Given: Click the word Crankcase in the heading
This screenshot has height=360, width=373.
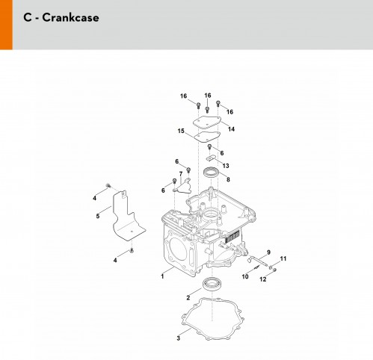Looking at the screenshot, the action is pyautogui.click(x=70, y=17).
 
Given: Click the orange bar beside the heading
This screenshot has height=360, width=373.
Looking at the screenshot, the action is pyautogui.click(x=6, y=25).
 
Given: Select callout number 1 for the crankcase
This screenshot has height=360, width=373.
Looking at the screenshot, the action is pyautogui.click(x=162, y=276).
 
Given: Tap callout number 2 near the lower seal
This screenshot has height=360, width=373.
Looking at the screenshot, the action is pyautogui.click(x=188, y=297).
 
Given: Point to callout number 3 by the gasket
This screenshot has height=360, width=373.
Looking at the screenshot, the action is pyautogui.click(x=178, y=338).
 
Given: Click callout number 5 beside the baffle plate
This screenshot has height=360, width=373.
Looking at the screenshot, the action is pyautogui.click(x=98, y=216).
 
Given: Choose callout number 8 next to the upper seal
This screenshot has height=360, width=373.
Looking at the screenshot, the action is pyautogui.click(x=228, y=179).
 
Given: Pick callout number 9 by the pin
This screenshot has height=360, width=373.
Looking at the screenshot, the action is pyautogui.click(x=268, y=252).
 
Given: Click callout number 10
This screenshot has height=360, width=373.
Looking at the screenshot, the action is pyautogui.click(x=245, y=276).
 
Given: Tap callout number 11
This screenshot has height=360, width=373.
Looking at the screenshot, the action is pyautogui.click(x=283, y=259).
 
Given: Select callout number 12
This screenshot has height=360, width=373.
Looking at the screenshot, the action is pyautogui.click(x=263, y=279).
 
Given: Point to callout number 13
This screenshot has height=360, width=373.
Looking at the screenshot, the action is pyautogui.click(x=226, y=166).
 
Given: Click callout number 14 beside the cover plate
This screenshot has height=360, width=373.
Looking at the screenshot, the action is pyautogui.click(x=231, y=129).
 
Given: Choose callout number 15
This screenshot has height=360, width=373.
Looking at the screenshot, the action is pyautogui.click(x=181, y=131).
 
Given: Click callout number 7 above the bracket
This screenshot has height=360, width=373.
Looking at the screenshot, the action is pyautogui.click(x=181, y=174).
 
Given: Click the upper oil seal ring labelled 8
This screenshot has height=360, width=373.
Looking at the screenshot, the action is pyautogui.click(x=212, y=173).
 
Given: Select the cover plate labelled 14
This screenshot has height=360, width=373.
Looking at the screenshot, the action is pyautogui.click(x=208, y=122).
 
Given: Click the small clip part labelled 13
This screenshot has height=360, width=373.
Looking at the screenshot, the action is pyautogui.click(x=211, y=158).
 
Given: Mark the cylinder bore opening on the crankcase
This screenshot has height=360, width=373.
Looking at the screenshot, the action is pyautogui.click(x=178, y=249).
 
